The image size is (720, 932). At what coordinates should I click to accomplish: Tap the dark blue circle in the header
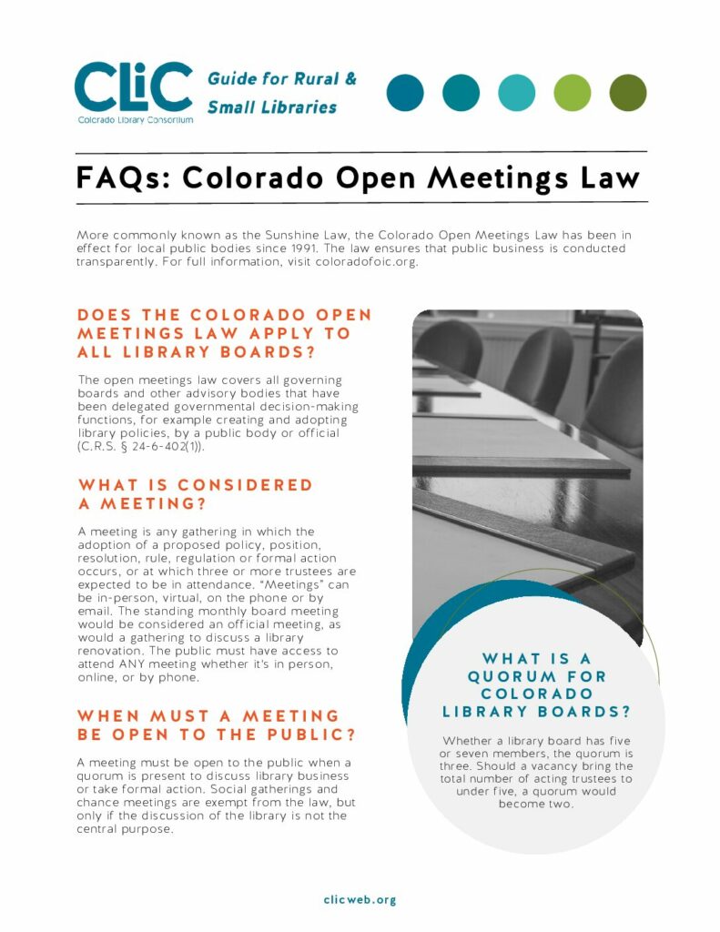tap(405, 93)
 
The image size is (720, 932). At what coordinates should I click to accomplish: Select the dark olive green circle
tap(627, 93)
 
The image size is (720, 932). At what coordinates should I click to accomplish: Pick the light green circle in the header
tap(572, 93)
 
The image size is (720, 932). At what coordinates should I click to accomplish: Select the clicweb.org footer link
tap(360, 899)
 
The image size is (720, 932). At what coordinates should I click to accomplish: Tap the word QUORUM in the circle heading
tap(504, 676)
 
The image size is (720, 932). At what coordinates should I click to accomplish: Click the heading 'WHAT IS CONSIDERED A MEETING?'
tap(195, 494)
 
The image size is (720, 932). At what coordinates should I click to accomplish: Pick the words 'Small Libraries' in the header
tap(272, 107)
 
